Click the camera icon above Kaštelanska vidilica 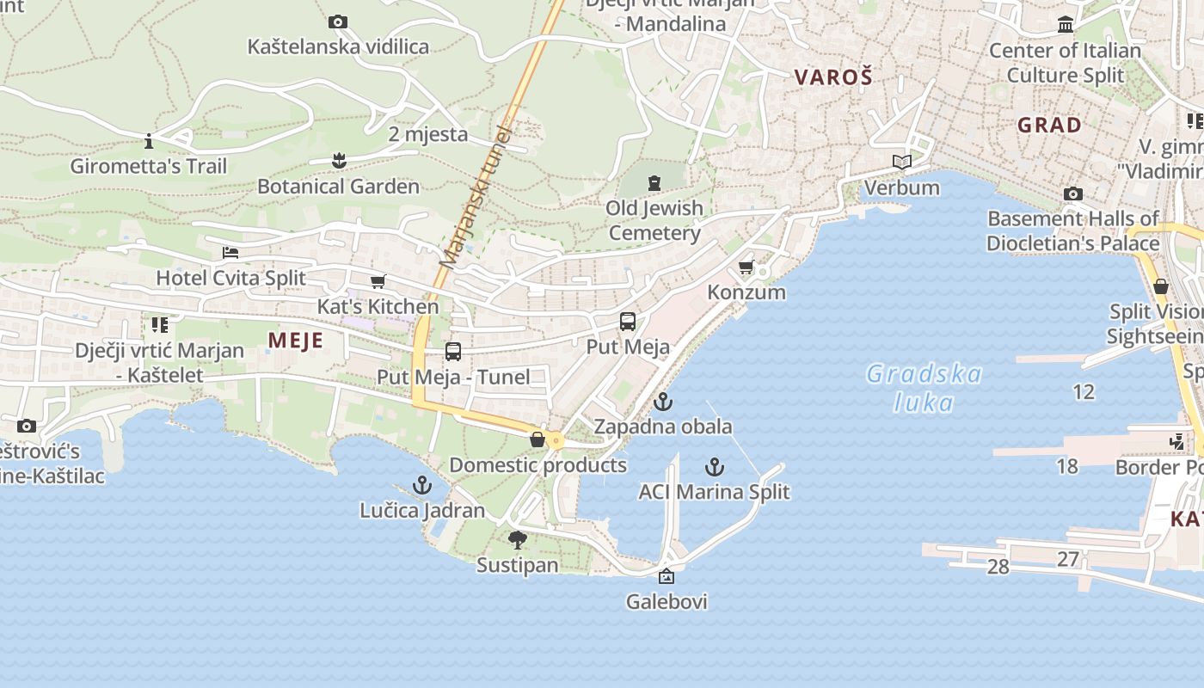[338, 21]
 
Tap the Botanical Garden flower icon [339, 160]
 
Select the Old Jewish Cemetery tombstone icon [654, 182]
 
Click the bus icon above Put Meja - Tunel [453, 352]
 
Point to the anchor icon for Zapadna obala [663, 402]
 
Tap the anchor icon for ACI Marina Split [714, 467]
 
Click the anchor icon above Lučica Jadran [421, 485]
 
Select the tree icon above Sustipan [518, 540]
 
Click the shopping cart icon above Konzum [746, 267]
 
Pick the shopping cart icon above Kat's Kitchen [378, 281]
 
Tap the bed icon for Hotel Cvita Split [230, 253]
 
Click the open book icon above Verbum [901, 162]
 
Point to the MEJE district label [295, 341]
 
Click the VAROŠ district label [833, 77]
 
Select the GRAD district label [1049, 126]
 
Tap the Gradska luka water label [924, 387]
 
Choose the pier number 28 [998, 567]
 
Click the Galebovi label [666, 601]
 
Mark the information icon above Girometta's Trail [149, 140]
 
